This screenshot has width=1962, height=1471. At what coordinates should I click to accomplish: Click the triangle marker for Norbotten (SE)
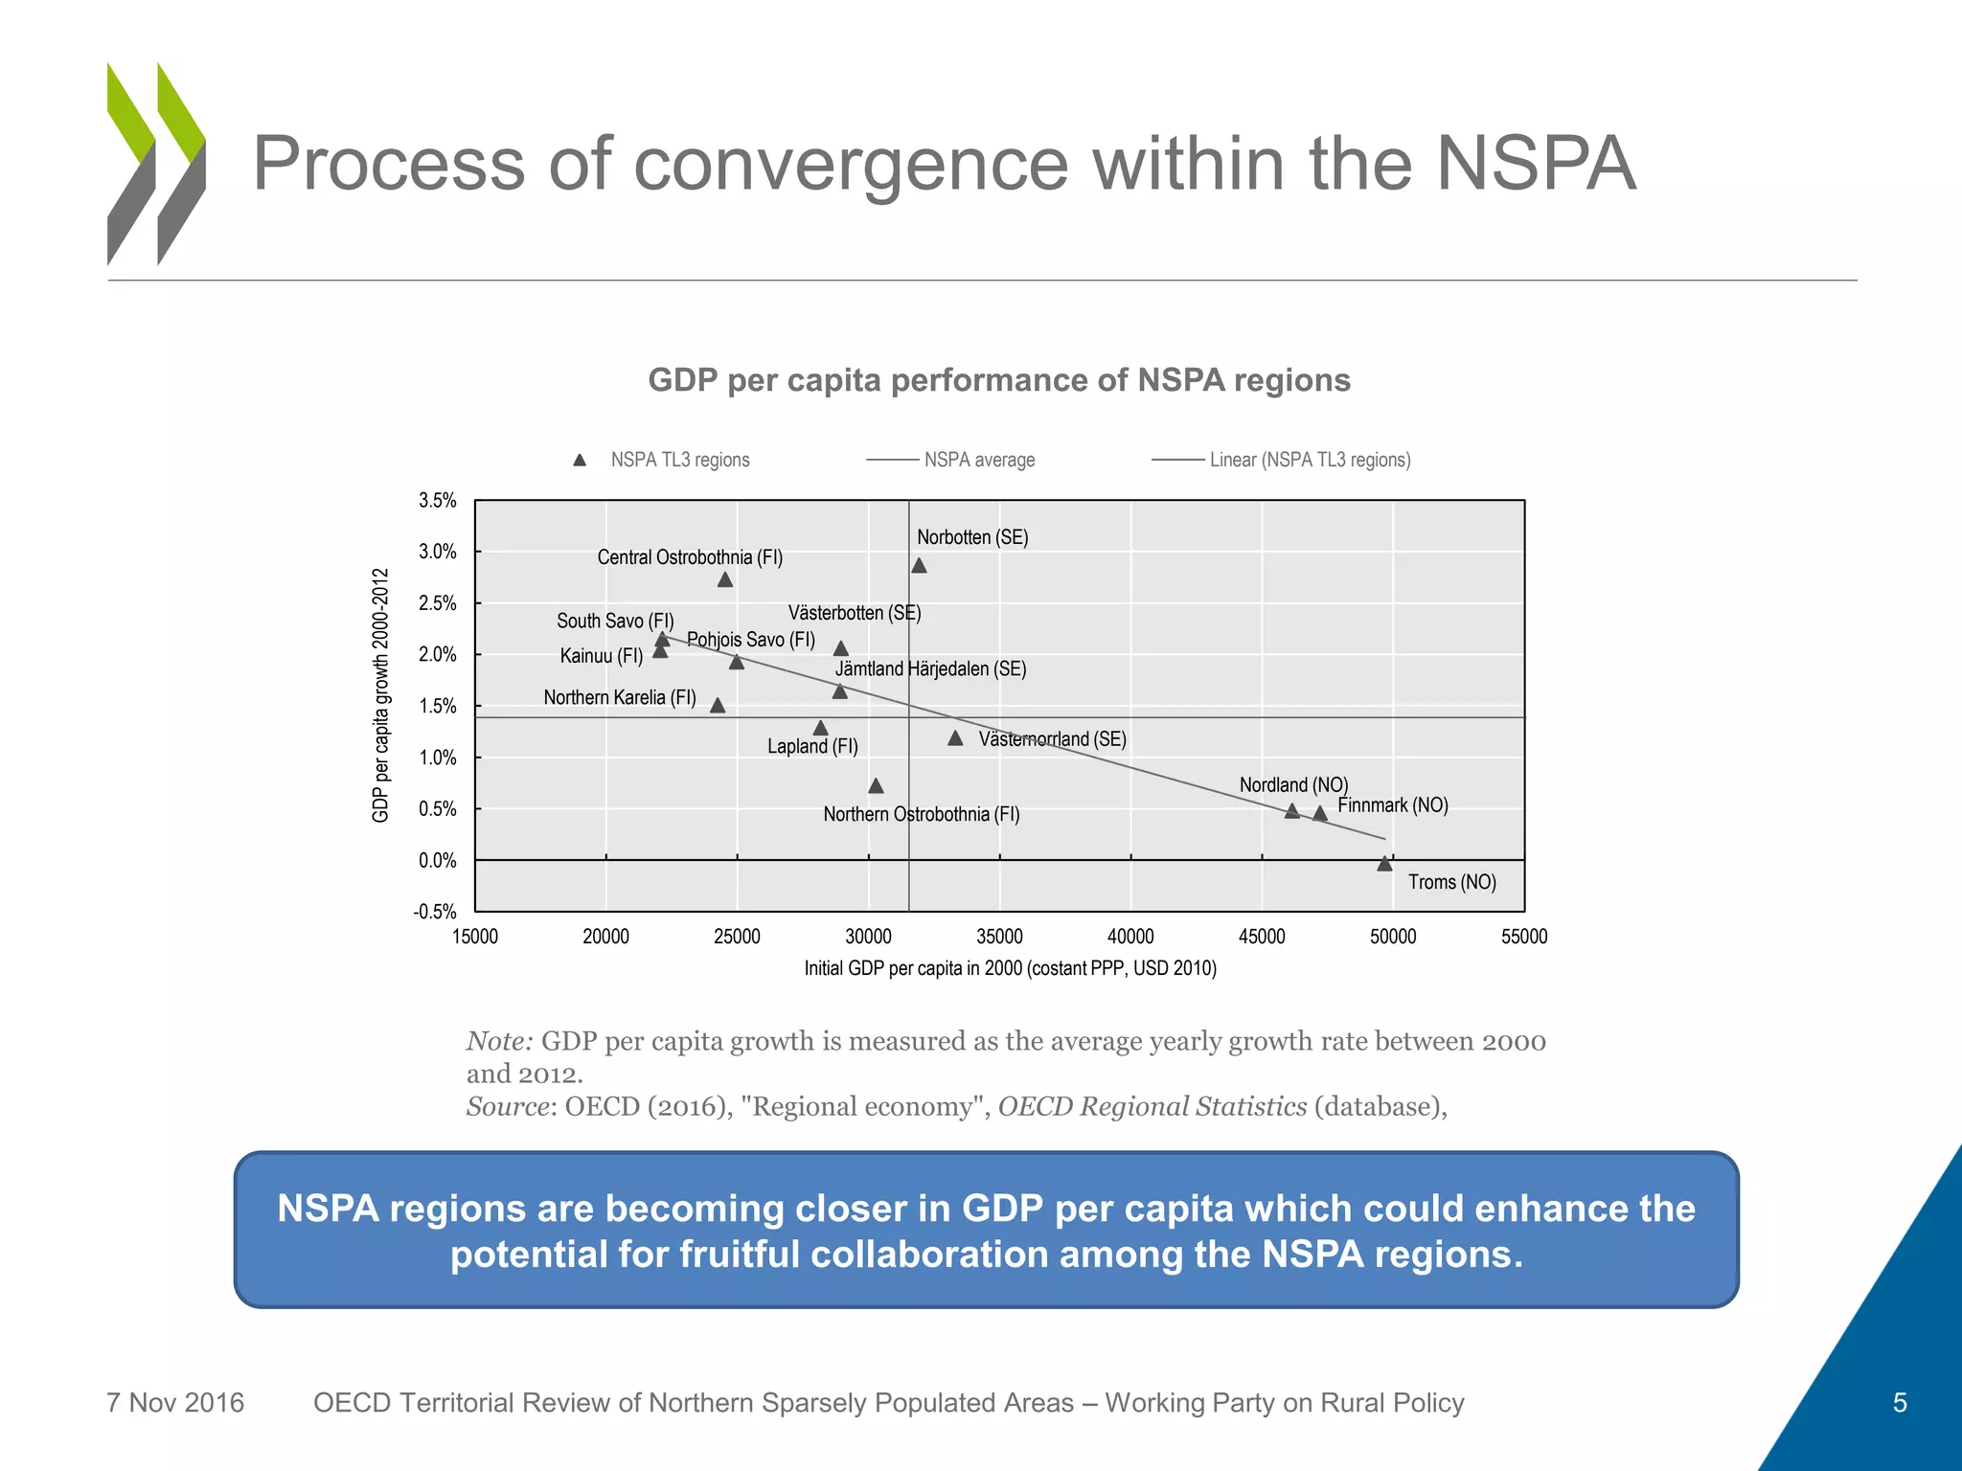tap(919, 566)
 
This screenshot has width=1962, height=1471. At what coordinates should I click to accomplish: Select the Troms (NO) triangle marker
tap(1384, 864)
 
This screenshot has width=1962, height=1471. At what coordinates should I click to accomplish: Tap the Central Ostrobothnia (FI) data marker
tap(725, 580)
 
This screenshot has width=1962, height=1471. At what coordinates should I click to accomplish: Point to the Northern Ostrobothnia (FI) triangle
tap(876, 786)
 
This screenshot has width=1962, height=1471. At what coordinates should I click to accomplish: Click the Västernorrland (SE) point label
tap(1052, 739)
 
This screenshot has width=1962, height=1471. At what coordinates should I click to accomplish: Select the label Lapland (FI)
tap(812, 746)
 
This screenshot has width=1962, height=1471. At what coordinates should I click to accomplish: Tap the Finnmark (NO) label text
tap(1392, 805)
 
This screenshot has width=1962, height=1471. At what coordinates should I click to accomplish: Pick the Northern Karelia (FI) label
tap(620, 697)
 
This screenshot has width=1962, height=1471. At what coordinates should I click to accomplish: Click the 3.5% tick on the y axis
tap(437, 501)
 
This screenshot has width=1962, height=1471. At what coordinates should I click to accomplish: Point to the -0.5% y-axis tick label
tap(435, 912)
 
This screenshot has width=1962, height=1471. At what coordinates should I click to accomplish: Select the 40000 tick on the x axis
tap(1130, 937)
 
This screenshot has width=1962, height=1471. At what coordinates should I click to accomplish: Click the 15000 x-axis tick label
tap(475, 937)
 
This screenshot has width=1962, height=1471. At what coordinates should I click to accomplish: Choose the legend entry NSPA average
tap(979, 460)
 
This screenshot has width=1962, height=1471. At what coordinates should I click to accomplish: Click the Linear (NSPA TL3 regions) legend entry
tap(1310, 460)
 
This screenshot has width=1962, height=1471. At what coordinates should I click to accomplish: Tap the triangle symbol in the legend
tap(580, 461)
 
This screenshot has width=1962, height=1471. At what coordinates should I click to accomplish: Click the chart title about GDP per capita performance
tap(999, 380)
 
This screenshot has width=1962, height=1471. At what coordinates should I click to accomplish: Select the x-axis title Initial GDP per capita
tap(1010, 968)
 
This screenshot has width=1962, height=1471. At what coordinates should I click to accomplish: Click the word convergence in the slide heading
tap(850, 164)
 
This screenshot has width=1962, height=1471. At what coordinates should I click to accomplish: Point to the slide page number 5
tap(1900, 1403)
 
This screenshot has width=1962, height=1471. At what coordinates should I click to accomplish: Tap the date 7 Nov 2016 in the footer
tap(175, 1403)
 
